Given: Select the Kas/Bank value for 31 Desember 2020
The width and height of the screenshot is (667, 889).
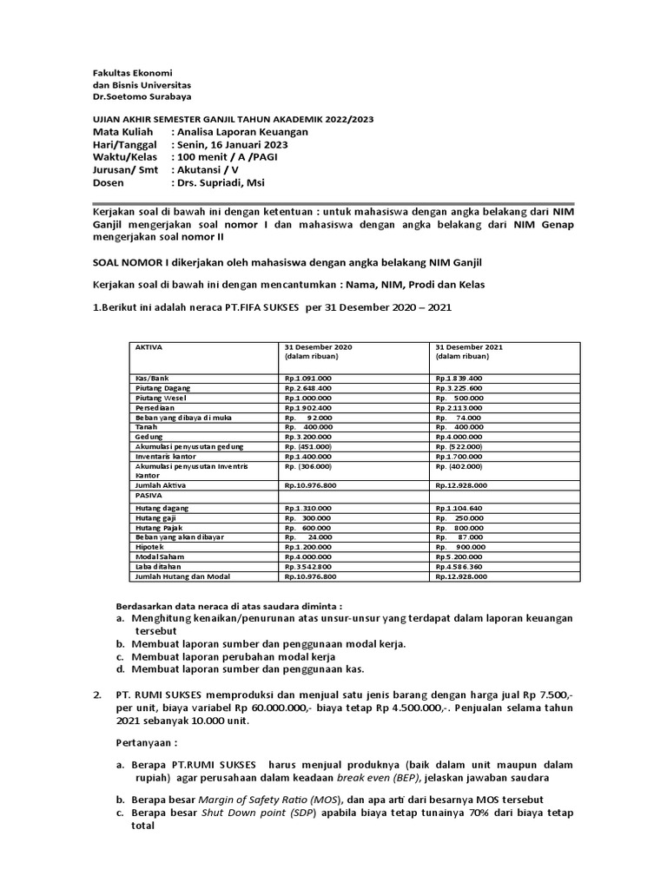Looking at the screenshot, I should pos(307,379).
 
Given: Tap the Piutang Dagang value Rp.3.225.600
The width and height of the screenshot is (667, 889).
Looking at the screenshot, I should pos(461,388).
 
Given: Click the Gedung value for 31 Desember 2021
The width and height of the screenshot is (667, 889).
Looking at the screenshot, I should pos(461,436).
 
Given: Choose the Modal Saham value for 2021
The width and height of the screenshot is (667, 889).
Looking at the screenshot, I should pos(461,556).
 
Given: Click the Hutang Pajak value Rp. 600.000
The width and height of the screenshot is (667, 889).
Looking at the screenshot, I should pos(307,527).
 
